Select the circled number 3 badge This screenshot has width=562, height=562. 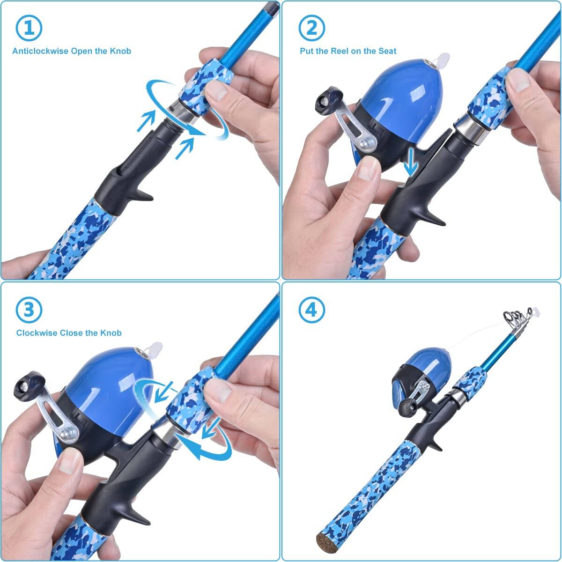pos(29,310)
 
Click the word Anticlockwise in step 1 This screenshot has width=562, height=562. pos(40,51)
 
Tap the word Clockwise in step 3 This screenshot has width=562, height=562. pos(37,333)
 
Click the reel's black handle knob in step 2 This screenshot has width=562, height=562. pos(324,97)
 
